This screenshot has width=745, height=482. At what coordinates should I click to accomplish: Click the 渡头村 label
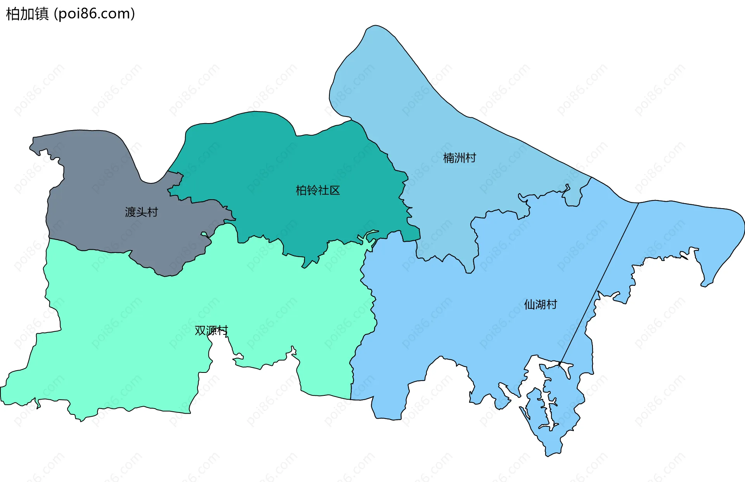[141, 212]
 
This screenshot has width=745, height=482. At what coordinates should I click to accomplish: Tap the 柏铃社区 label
[317, 190]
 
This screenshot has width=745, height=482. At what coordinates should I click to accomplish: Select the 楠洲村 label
[459, 158]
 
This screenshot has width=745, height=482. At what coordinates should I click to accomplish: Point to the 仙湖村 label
[541, 305]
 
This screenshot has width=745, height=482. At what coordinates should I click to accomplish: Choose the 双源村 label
[211, 331]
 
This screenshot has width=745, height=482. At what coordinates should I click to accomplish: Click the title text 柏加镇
[27, 14]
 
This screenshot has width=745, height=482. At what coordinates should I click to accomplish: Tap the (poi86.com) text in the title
[94, 14]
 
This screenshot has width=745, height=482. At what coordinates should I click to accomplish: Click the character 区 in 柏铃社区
[334, 190]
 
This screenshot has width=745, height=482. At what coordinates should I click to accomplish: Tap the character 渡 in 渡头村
[130, 212]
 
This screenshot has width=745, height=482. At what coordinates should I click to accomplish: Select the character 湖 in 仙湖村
[541, 305]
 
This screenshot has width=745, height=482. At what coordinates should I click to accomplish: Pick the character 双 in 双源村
[200, 331]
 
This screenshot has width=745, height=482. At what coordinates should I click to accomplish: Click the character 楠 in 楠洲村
[449, 158]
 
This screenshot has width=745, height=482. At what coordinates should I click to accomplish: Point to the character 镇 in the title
[42, 14]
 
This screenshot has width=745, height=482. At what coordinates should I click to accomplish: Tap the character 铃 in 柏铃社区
[312, 190]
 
